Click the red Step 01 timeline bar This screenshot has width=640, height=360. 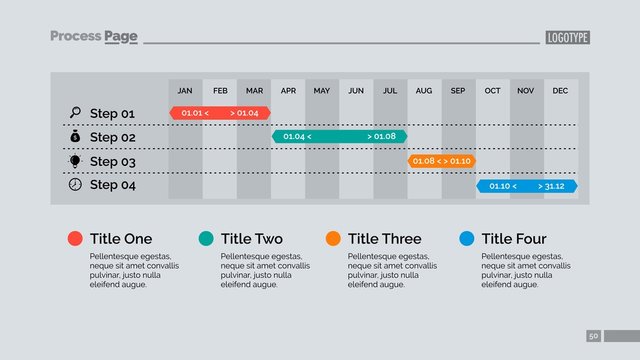coord(220,113)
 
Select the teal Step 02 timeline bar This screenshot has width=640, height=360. coord(340,136)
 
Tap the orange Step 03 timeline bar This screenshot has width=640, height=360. coord(441,161)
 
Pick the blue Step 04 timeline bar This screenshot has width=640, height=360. coord(527,186)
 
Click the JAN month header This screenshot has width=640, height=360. coord(185,91)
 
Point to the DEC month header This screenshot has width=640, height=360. coord(560,91)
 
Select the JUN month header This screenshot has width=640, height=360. coord(356,91)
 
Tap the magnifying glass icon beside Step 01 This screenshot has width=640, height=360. coord(75,112)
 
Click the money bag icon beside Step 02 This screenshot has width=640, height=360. coord(75,136)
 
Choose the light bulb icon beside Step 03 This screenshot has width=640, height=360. coord(75,161)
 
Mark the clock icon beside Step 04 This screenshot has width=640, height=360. coord(75,185)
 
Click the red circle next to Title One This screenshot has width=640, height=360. coord(75,239)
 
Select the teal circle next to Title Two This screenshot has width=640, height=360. coord(206,239)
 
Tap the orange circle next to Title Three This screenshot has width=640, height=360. coord(333,239)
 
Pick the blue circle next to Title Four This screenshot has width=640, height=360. coord(466,239)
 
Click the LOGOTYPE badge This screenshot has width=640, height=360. coord(567,38)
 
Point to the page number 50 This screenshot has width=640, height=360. coord(594,336)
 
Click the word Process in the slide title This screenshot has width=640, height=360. coord(76,37)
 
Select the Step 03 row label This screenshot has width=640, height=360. coord(112,161)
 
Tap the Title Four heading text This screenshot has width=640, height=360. coord(514,239)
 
